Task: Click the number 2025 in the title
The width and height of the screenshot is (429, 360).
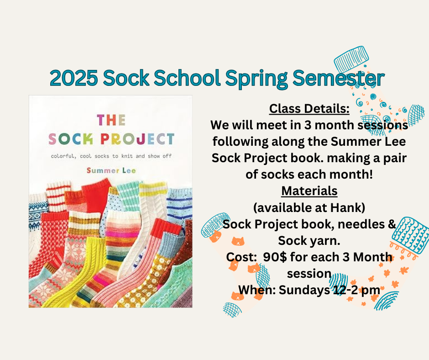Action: (73, 78)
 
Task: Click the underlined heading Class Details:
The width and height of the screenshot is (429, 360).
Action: (309, 108)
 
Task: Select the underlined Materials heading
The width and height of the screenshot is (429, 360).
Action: (309, 191)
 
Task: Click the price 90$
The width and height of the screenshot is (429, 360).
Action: (275, 257)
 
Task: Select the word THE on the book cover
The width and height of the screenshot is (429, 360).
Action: (111, 120)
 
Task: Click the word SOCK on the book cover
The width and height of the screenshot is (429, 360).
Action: (71, 139)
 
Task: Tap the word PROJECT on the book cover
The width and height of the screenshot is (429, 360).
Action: (137, 139)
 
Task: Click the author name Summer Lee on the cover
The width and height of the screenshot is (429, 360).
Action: (111, 170)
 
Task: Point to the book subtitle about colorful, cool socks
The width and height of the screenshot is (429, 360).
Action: (111, 156)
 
